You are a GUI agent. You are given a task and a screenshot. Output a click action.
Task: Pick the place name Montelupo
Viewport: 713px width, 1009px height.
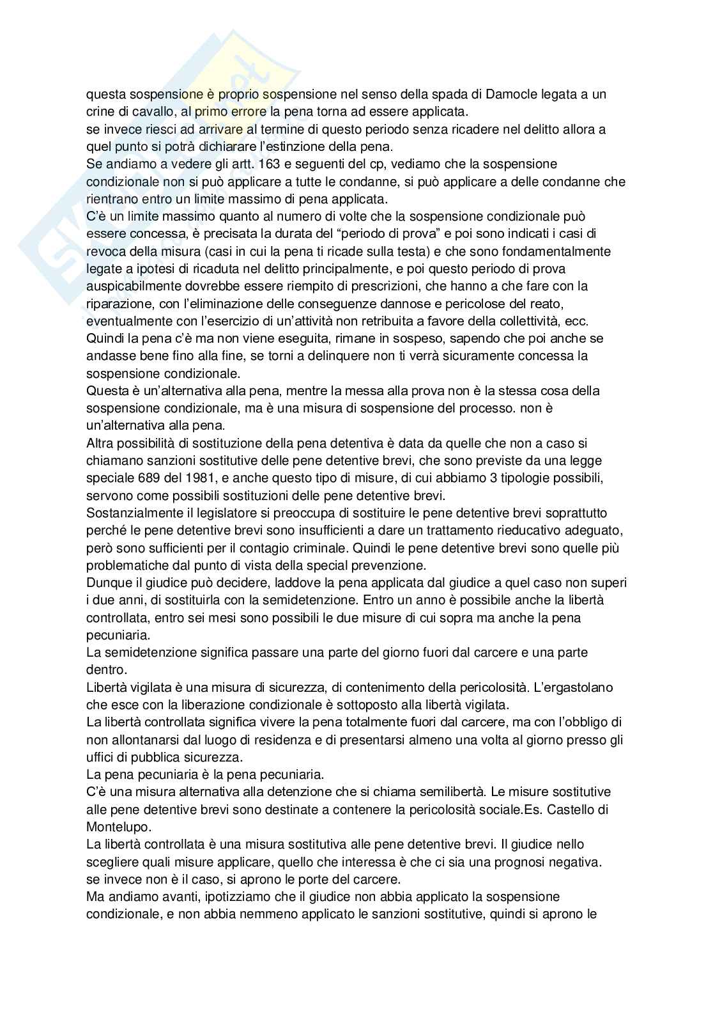coord(118,827)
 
